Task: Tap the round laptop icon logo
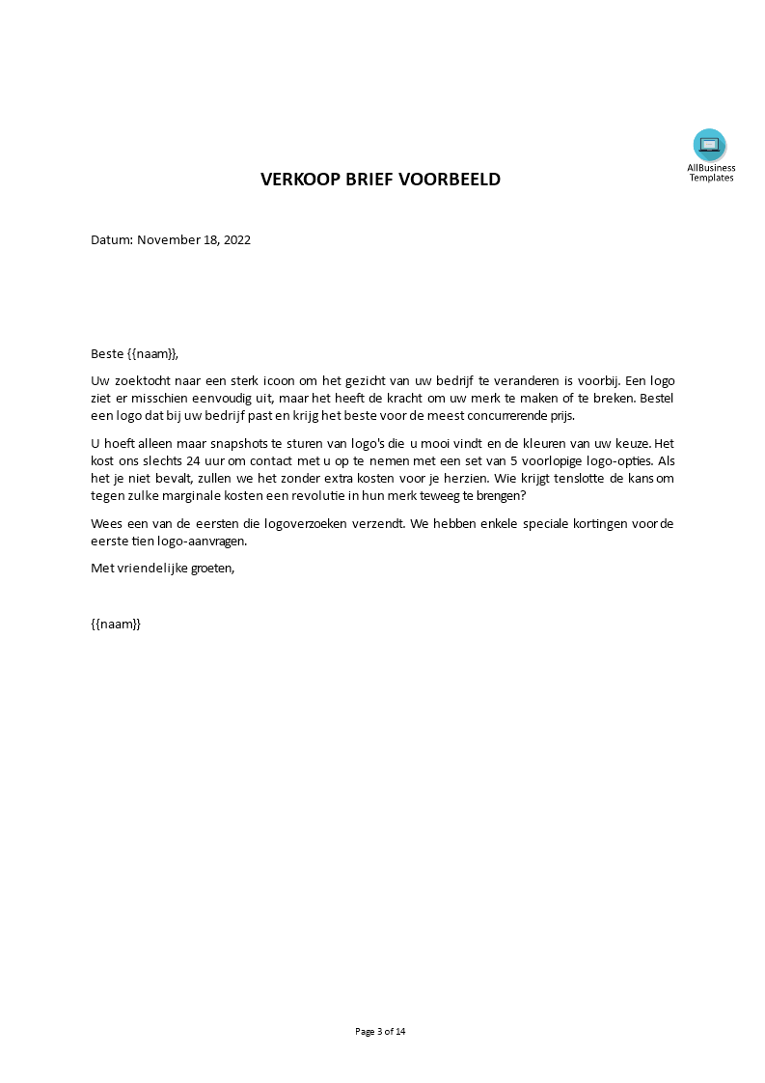709,145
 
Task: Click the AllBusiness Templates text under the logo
711,173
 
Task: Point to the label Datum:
112,240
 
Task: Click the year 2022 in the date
236,240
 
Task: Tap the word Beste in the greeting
107,354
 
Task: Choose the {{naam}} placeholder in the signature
116,625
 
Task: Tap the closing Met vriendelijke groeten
162,569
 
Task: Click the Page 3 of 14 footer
381,1032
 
